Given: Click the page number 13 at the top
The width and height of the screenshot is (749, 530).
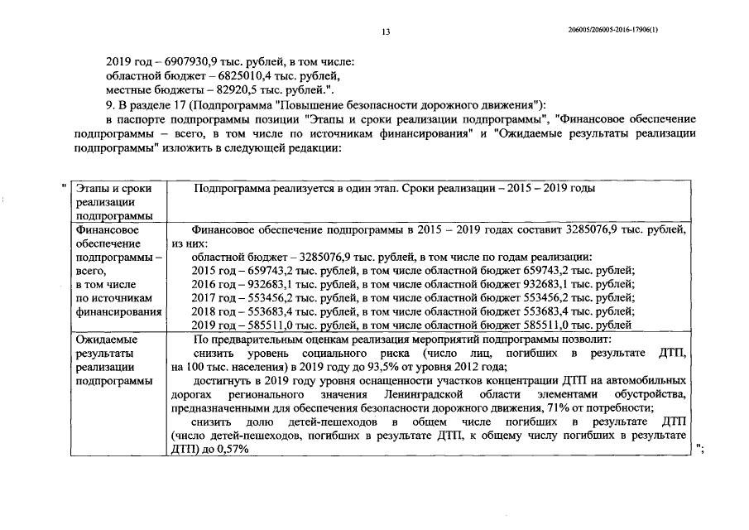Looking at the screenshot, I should coord(386,31).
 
